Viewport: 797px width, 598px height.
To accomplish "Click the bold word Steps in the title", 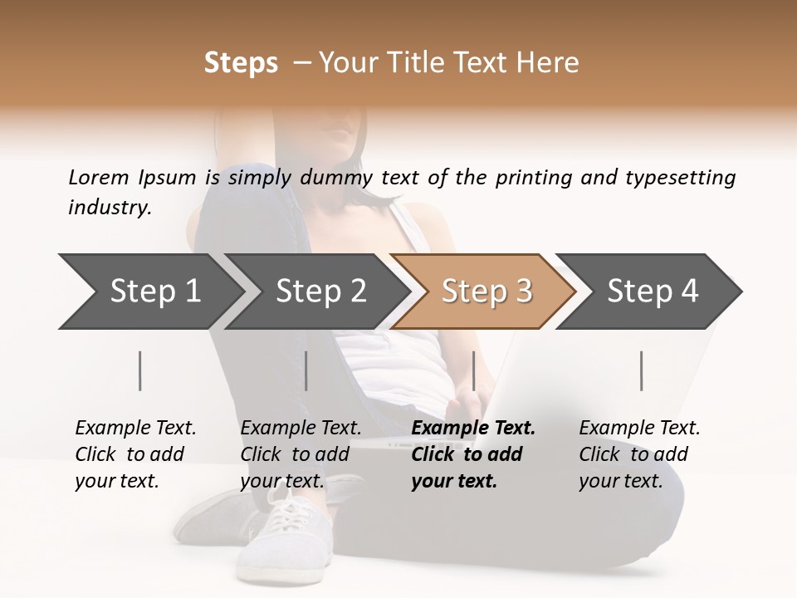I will pyautogui.click(x=241, y=63).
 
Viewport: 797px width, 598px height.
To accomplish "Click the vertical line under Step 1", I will pyautogui.click(x=140, y=370).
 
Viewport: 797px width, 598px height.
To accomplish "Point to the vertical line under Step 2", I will pyautogui.click(x=306, y=370).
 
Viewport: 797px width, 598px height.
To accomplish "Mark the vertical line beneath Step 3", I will pyautogui.click(x=473, y=370).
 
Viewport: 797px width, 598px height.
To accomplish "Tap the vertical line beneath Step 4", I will pyautogui.click(x=642, y=370).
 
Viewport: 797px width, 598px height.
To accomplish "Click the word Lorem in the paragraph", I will pyautogui.click(x=99, y=178).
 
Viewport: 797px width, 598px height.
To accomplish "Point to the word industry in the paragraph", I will pyautogui.click(x=109, y=208).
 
